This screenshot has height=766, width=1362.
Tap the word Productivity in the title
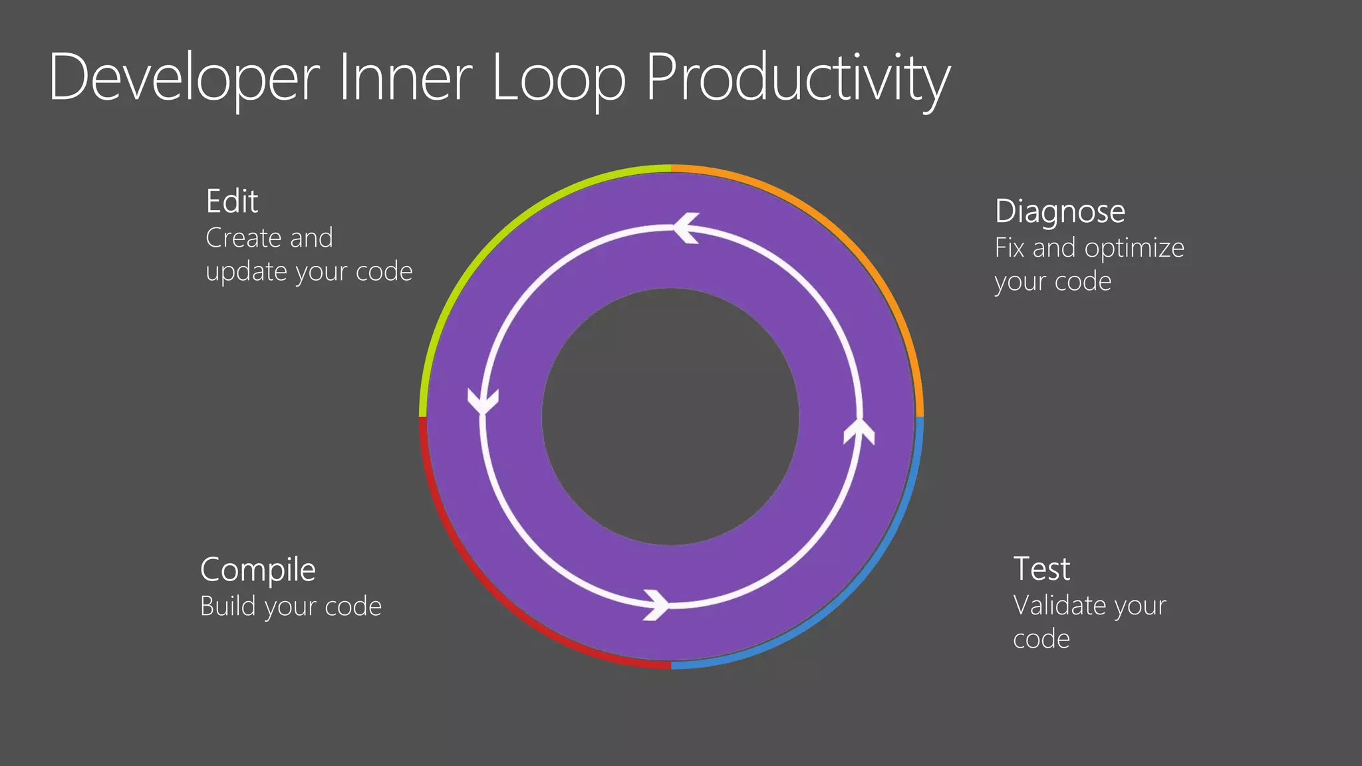tap(797, 78)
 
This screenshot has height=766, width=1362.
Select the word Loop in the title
tap(559, 78)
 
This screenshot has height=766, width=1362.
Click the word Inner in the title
tap(406, 78)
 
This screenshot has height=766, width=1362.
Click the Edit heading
tap(231, 201)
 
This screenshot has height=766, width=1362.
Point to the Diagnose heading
tap(1059, 211)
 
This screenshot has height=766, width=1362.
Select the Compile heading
tap(258, 570)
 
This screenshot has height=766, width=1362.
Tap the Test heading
tap(1041, 569)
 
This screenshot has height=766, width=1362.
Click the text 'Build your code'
tap(291, 606)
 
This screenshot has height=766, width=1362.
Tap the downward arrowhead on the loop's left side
tap(483, 401)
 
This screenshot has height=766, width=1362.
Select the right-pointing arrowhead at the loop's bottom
tap(657, 604)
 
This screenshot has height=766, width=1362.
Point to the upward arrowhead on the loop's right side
tap(859, 431)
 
